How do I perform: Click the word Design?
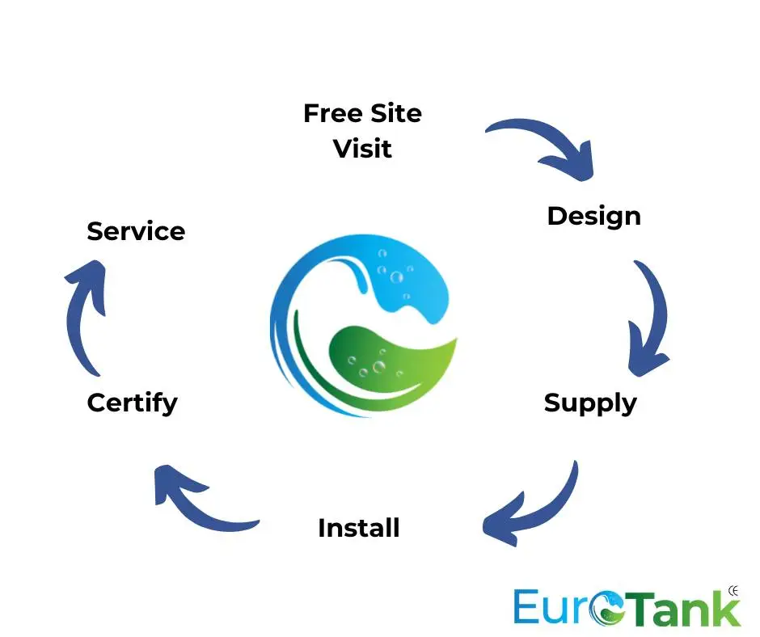click(x=593, y=217)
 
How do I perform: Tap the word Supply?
click(x=590, y=403)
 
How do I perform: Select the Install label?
click(x=359, y=528)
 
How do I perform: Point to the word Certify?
click(x=133, y=403)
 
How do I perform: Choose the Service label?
click(x=136, y=231)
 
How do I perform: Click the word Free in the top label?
click(x=333, y=113)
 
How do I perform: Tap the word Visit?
click(x=362, y=149)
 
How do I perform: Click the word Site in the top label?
click(x=396, y=113)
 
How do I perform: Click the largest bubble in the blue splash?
click(x=396, y=278)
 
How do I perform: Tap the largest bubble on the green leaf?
click(x=378, y=366)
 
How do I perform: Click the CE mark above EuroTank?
click(x=733, y=591)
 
